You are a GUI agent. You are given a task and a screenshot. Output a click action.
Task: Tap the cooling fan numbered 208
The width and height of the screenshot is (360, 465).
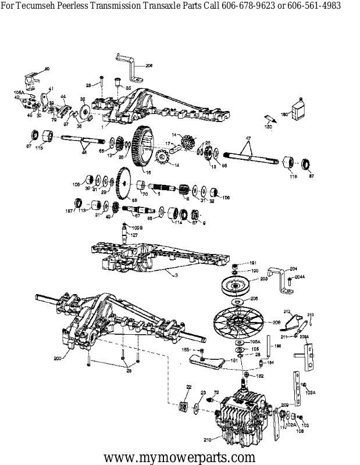coord(238,321)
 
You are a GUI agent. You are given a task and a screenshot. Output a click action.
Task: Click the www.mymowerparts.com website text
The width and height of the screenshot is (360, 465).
coord(180,456)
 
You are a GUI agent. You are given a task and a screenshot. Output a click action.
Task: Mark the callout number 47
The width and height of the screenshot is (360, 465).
coord(248,138)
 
